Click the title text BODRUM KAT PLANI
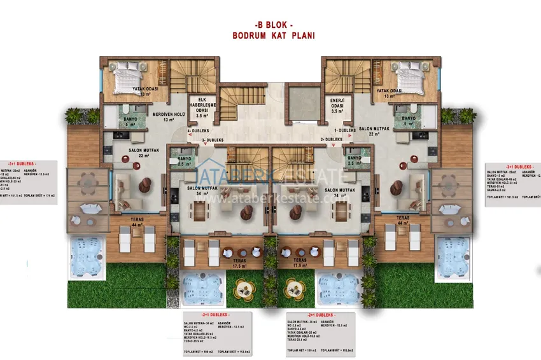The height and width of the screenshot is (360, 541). click(x=273, y=36)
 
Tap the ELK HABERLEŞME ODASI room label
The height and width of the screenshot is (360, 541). click(x=202, y=107)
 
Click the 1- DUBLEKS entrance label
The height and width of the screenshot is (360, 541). click(x=344, y=130)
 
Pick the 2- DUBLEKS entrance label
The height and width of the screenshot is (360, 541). click(x=332, y=139)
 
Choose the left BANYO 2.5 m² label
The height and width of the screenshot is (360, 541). click(x=185, y=162)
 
